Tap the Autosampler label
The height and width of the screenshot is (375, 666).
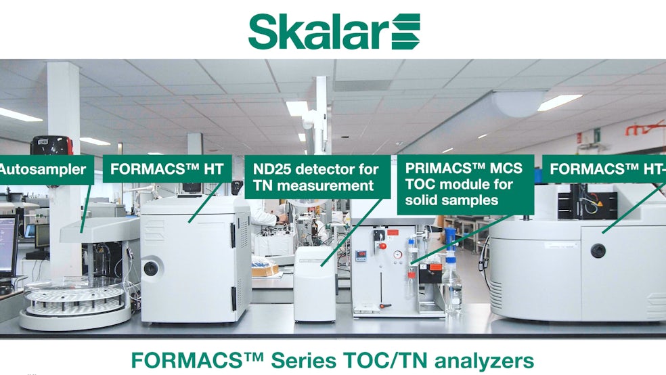click(x=46, y=169)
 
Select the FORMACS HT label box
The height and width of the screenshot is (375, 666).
click(x=167, y=169)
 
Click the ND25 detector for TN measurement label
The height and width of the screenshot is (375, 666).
click(x=317, y=177)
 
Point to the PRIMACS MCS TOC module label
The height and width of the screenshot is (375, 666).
click(x=466, y=184)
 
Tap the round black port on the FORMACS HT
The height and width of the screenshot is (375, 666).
click(x=150, y=268)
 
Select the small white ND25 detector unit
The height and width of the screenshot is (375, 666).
click(x=315, y=284)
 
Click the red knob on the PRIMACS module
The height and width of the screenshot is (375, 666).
click(x=382, y=246)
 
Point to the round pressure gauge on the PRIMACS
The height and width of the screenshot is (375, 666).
click(x=397, y=255)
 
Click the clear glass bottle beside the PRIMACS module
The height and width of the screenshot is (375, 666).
click(x=451, y=283)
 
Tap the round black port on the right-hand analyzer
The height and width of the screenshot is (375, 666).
click(x=598, y=250)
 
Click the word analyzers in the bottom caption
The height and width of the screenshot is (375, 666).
click(x=484, y=361)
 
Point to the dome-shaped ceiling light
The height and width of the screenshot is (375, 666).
click(x=518, y=104)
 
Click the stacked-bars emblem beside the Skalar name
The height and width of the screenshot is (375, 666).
click(x=405, y=31)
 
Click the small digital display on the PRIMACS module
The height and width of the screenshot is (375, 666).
click(x=361, y=255)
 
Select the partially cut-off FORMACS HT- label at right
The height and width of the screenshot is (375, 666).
click(x=604, y=169)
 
